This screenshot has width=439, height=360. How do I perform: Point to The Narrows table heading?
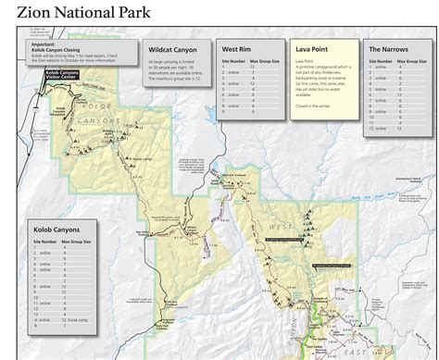[387, 48]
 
